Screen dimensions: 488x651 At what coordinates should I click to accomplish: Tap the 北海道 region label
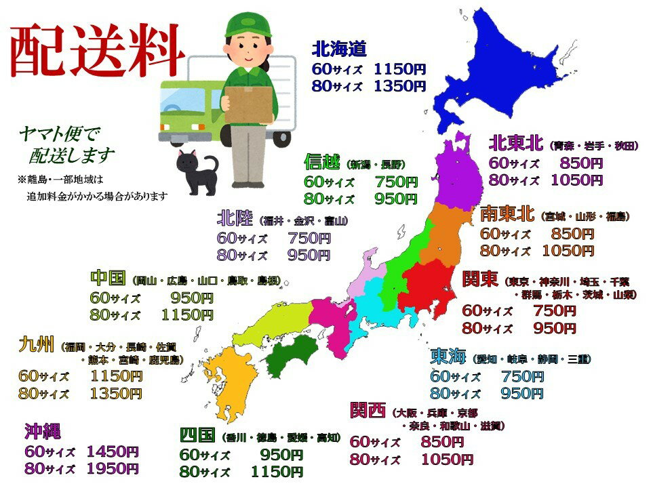[339, 49]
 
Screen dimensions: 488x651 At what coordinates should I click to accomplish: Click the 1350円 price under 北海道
[399, 86]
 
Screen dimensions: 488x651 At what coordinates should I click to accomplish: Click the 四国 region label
[197, 434]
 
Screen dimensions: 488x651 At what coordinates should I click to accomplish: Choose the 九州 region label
[36, 346]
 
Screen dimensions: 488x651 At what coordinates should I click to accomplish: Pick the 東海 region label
[448, 357]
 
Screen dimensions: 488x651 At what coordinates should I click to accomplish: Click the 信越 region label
[321, 163]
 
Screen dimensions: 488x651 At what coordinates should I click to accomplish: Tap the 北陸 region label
[235, 218]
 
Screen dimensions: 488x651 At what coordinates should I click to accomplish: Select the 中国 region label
[108, 279]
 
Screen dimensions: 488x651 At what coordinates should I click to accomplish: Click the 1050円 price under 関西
[446, 460]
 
